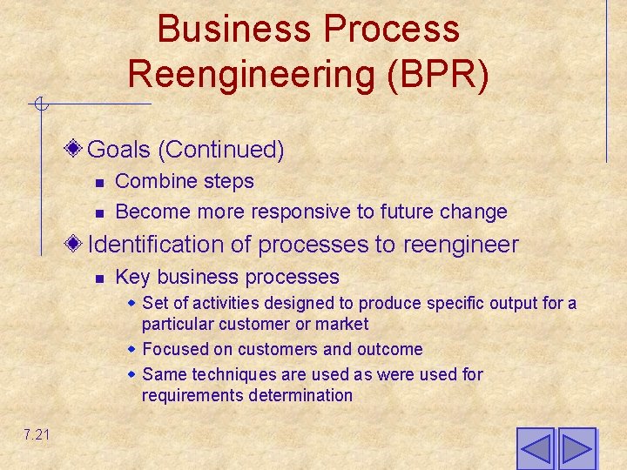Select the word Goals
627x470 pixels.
coord(119,150)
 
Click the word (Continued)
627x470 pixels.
coord(221,150)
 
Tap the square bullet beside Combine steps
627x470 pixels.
coord(100,182)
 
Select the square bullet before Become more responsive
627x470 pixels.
coord(100,212)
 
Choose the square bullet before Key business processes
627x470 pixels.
coord(100,278)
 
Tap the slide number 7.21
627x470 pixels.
coord(37,433)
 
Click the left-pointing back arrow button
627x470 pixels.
coord(536,449)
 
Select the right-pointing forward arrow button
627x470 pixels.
coord(576,449)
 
